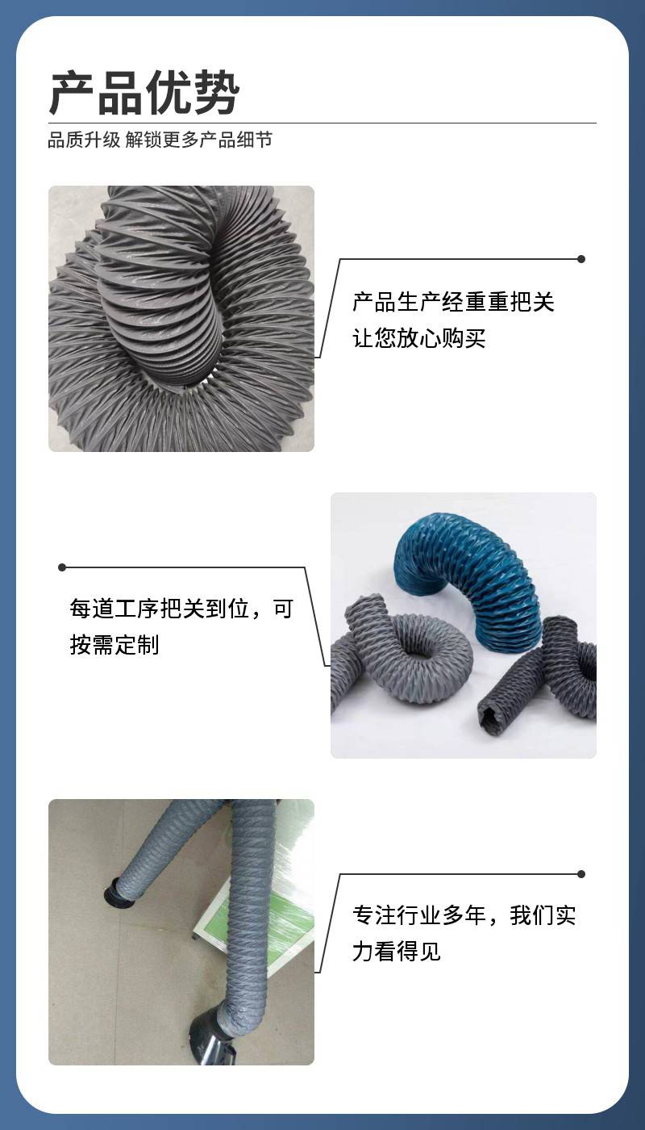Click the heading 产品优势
point(144,93)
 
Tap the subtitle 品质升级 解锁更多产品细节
point(160,140)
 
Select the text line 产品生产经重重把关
point(453,302)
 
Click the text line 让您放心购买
point(418,338)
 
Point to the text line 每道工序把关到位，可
point(181,609)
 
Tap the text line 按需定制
point(114,645)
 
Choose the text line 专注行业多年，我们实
point(464,915)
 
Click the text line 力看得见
point(397,952)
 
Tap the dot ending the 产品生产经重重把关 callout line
point(581,259)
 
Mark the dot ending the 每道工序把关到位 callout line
point(63,567)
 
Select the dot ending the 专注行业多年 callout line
point(581,874)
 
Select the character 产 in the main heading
point(72,93)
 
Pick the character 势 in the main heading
point(216,93)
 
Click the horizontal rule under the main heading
point(322,123)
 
